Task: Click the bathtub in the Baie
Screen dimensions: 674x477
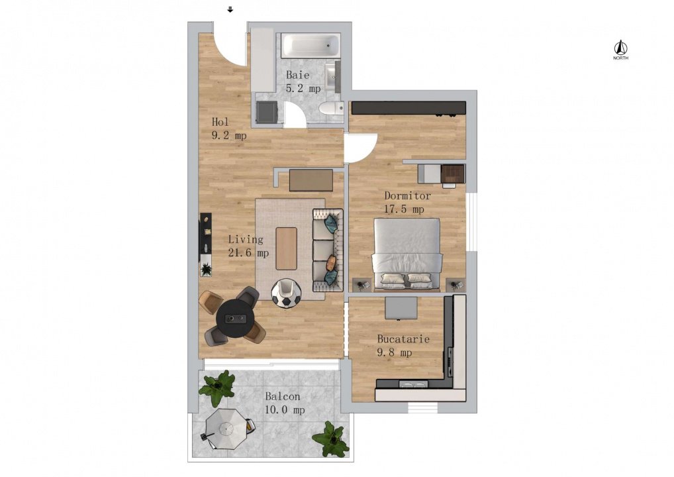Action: (311, 44)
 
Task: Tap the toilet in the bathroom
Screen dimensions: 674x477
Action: (332, 108)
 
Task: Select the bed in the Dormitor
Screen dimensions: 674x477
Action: (407, 254)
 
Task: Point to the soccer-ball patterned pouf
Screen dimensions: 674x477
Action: (286, 293)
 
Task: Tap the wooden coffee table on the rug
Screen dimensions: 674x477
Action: (286, 248)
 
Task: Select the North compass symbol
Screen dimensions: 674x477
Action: (620, 50)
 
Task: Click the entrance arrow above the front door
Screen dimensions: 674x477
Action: (230, 9)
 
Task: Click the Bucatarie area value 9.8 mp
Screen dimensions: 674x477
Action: (394, 352)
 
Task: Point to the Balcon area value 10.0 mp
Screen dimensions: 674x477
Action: (285, 410)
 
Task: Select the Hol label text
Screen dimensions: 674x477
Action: (220, 122)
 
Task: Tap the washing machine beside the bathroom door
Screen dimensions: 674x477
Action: (267, 112)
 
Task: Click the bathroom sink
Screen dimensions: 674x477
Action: (332, 78)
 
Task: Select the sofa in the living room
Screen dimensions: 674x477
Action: (328, 250)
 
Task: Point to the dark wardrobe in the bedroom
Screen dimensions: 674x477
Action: (409, 108)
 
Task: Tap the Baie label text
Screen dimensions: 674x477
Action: (298, 75)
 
